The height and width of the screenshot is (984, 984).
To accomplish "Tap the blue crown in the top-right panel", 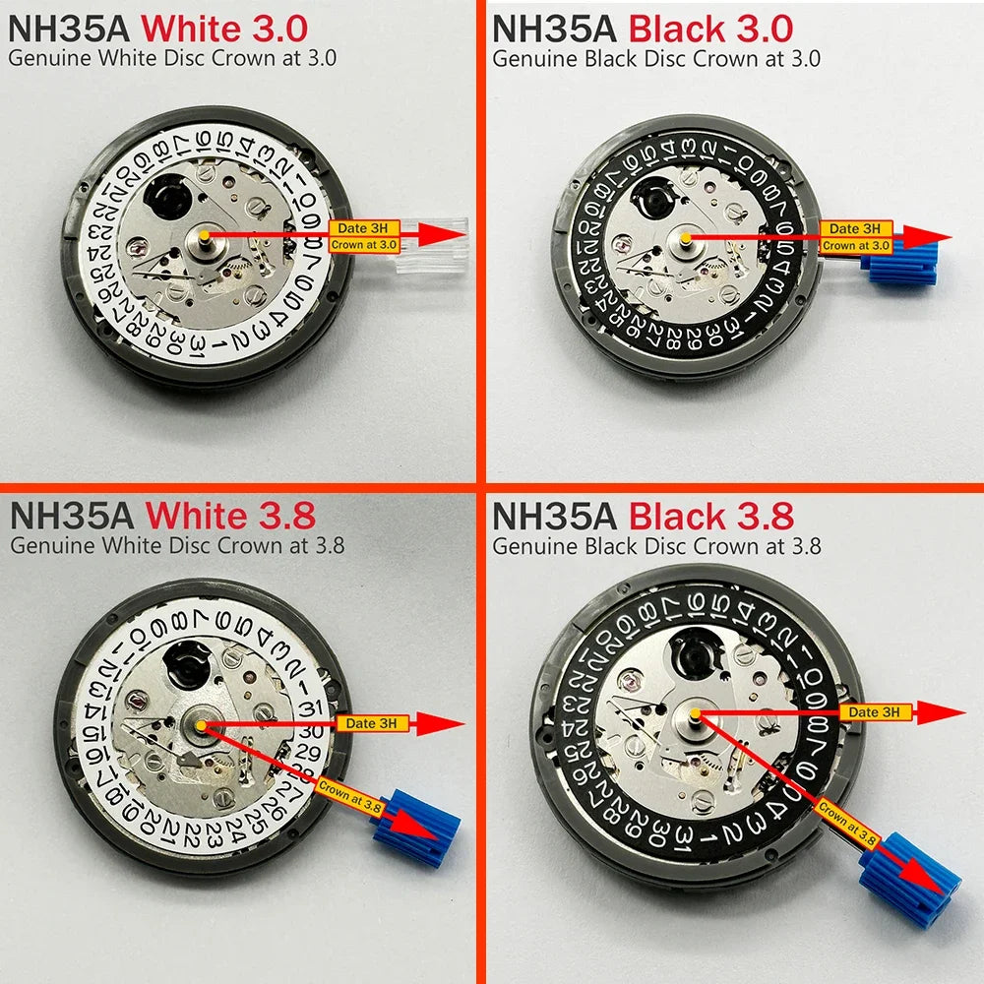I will (897, 266).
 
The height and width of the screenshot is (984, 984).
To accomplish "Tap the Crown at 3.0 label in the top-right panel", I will (855, 245).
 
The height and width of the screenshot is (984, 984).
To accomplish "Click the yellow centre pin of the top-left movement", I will (205, 235).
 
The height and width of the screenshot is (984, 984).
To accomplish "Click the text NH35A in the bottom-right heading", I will (554, 516).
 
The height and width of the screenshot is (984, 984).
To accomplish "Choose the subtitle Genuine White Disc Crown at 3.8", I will (176, 544).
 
